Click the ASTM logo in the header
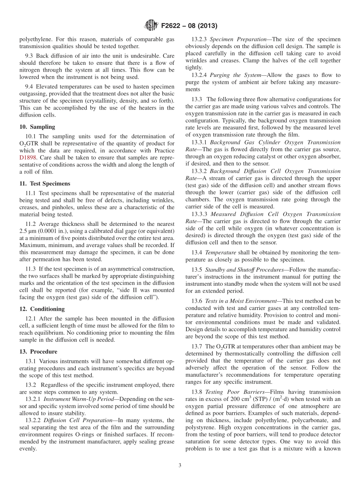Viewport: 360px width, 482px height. tap(151, 26)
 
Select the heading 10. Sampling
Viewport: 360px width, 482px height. tap(37, 127)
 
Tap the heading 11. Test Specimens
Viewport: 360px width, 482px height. tap(45, 183)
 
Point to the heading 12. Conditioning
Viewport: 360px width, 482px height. tap(42, 309)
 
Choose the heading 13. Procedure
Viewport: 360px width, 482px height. tap(38, 351)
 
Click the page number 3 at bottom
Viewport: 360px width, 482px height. tap(180, 465)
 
